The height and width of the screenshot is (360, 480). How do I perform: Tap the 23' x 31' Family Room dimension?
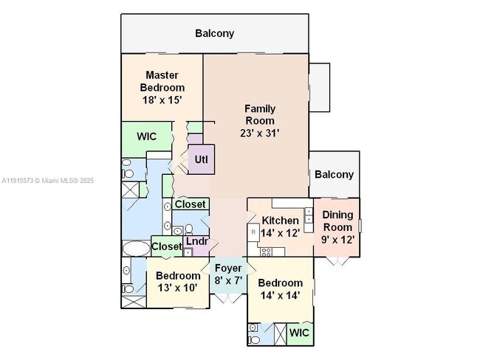[x=259, y=134]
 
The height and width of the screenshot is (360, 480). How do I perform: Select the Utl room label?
[x=201, y=159]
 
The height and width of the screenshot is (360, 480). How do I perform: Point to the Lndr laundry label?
[x=196, y=241]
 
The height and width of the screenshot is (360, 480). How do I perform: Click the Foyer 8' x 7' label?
[x=229, y=274]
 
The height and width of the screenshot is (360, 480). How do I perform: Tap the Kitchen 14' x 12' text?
[x=281, y=226]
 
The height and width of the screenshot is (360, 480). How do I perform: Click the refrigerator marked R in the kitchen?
[x=253, y=232]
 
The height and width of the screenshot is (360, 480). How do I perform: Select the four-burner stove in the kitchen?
[x=267, y=252]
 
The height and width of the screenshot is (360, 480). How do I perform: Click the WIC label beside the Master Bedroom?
[x=146, y=136]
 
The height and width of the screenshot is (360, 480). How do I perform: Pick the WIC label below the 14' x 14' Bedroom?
[x=299, y=333]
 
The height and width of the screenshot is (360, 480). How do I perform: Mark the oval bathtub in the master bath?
[x=134, y=247]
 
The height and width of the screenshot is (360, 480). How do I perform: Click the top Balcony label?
[x=214, y=33]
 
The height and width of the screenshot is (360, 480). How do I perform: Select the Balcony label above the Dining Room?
[x=334, y=175]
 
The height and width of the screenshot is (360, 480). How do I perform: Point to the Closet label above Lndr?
[x=190, y=204]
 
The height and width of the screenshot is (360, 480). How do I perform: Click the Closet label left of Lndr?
[x=166, y=246]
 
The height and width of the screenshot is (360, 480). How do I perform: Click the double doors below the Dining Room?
[x=337, y=260]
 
